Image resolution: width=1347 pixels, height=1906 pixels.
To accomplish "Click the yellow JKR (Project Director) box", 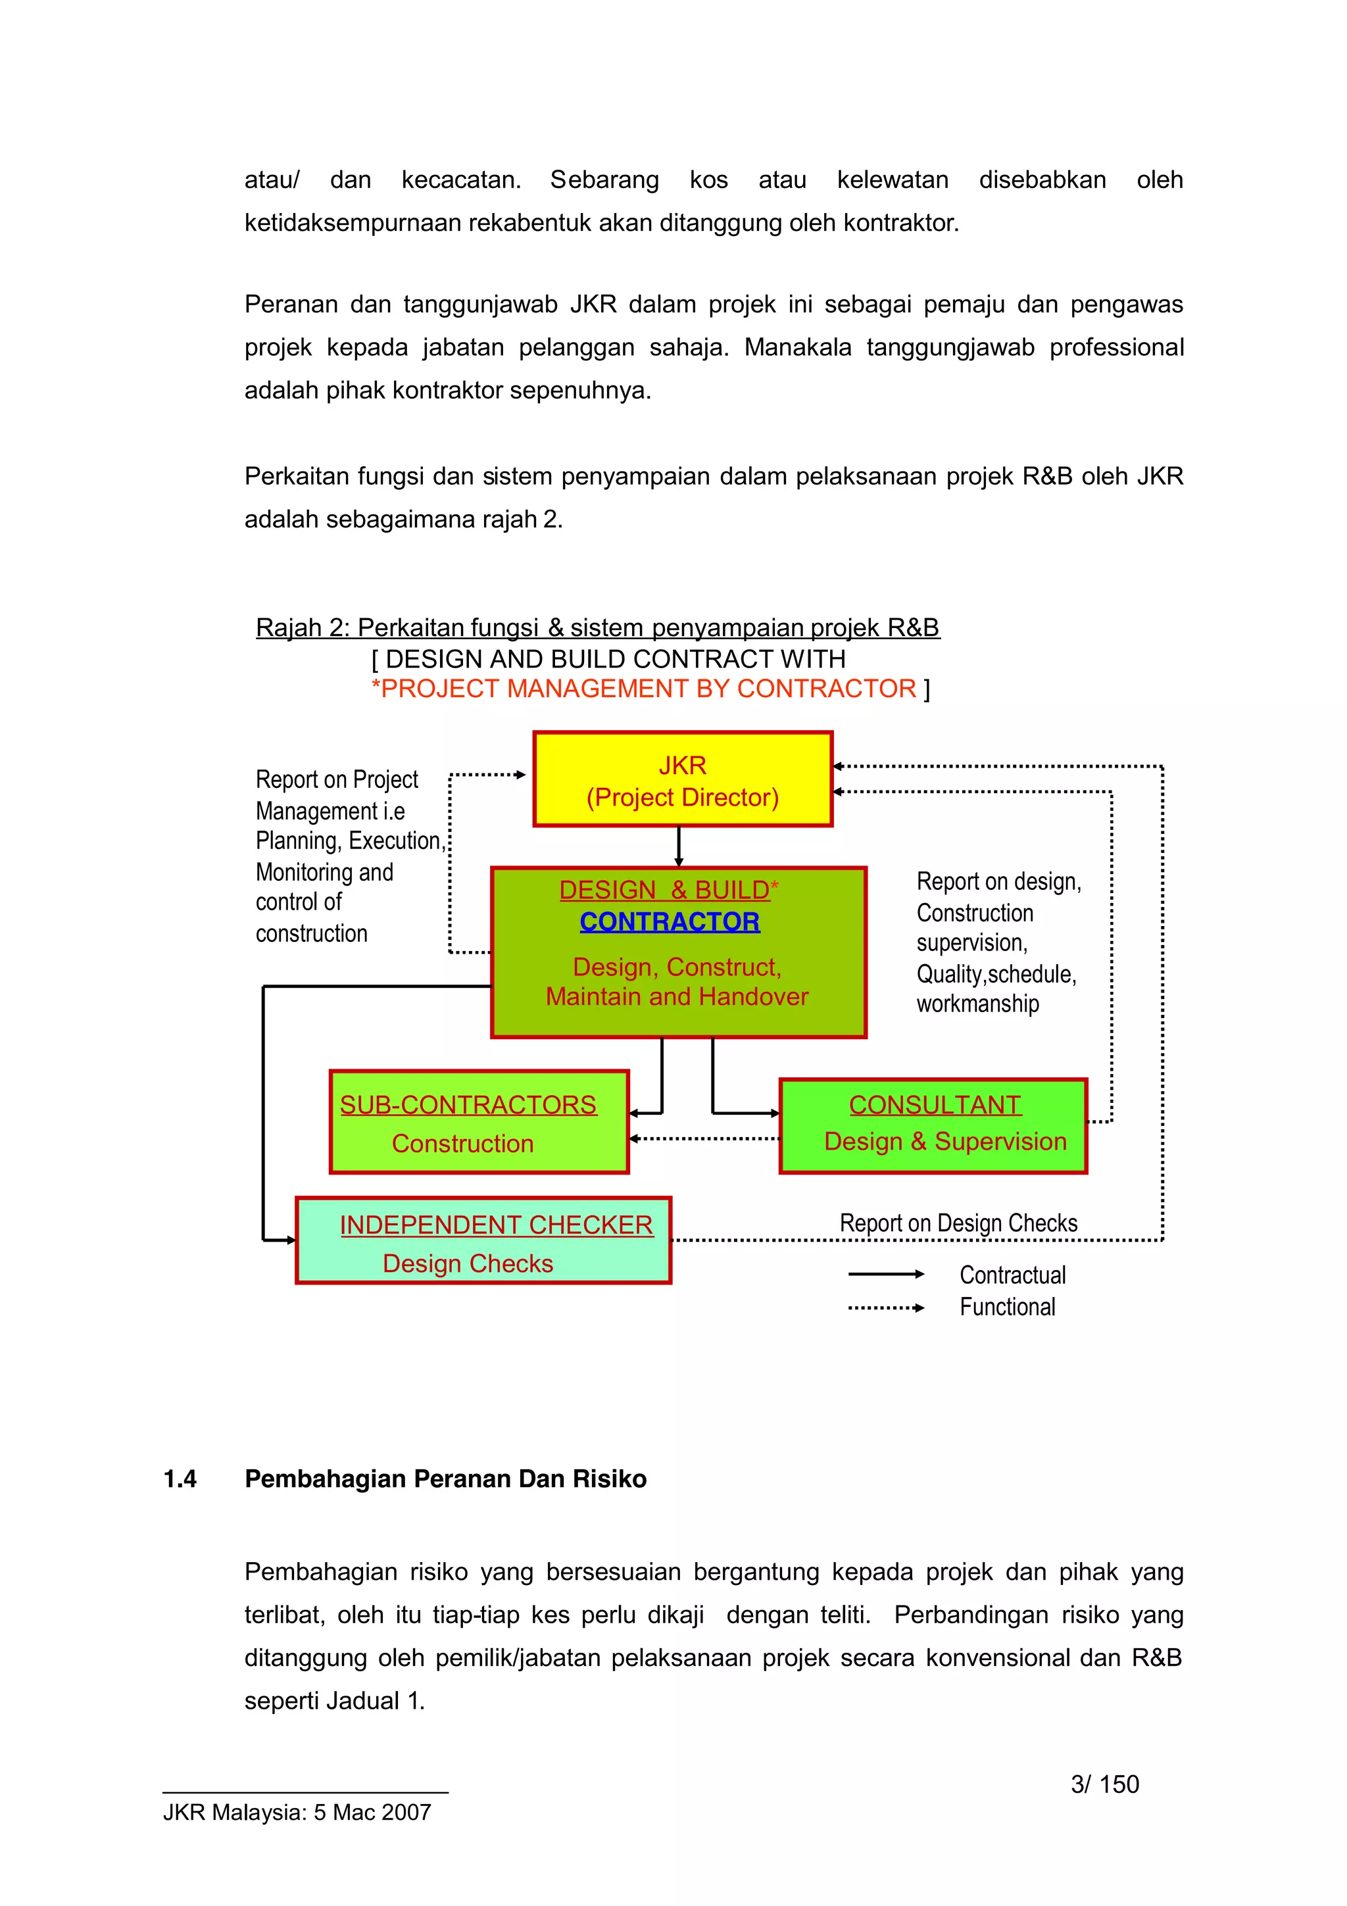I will click(682, 779).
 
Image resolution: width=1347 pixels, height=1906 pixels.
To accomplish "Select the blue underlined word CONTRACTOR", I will click(669, 921).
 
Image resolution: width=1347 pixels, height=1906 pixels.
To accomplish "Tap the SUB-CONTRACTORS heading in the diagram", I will click(468, 1105).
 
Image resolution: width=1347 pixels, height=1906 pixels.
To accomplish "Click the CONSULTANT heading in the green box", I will click(935, 1105).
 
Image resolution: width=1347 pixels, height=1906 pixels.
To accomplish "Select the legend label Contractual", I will click(1012, 1275).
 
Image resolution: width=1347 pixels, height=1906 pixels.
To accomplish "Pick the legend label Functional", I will click(1007, 1307).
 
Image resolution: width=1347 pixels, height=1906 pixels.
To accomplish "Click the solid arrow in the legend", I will click(885, 1274).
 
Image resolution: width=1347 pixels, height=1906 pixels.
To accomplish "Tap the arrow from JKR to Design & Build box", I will click(679, 846).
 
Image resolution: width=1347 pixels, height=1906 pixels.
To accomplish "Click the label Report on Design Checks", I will click(958, 1223).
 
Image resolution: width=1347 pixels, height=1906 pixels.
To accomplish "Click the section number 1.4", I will click(180, 1479).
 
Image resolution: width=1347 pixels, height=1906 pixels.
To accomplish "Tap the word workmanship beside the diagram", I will click(977, 1004).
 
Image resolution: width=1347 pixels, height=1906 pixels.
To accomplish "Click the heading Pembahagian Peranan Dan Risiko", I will click(446, 1479).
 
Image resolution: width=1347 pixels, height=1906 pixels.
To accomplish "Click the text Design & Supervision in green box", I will click(944, 1142).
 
